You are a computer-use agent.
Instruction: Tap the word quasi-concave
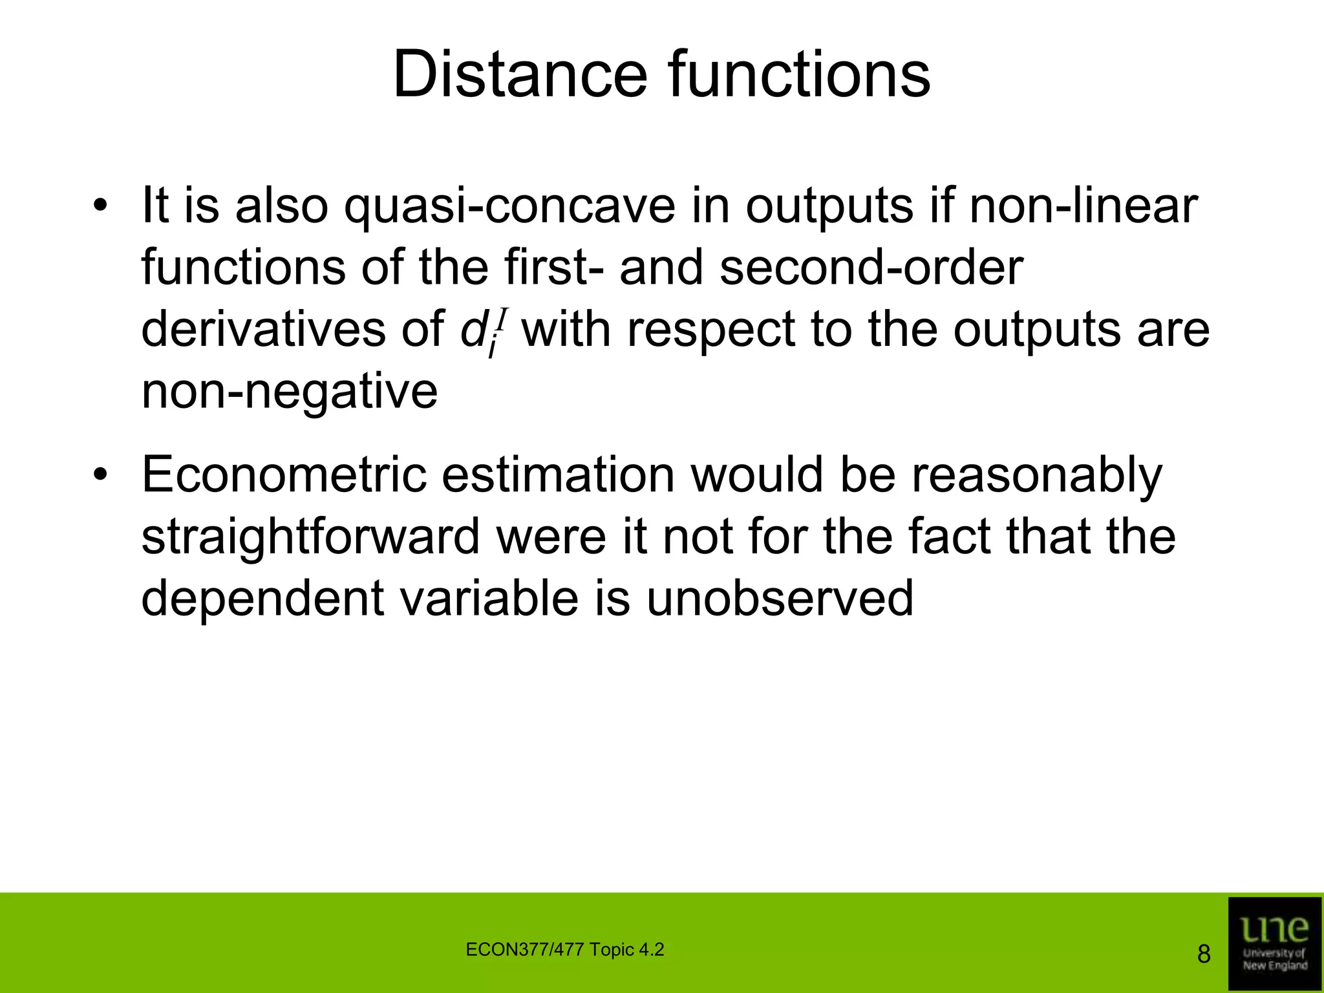(x=509, y=206)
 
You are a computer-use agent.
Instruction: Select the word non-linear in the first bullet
(x=1084, y=206)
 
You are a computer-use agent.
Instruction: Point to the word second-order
(x=871, y=268)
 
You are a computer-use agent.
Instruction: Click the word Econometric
(x=284, y=475)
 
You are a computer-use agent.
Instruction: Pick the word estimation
(x=558, y=475)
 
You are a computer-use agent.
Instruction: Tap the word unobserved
(x=780, y=598)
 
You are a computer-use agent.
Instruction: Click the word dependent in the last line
(x=262, y=598)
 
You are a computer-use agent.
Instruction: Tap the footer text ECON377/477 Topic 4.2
(x=564, y=950)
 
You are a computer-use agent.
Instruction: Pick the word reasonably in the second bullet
(x=1037, y=475)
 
